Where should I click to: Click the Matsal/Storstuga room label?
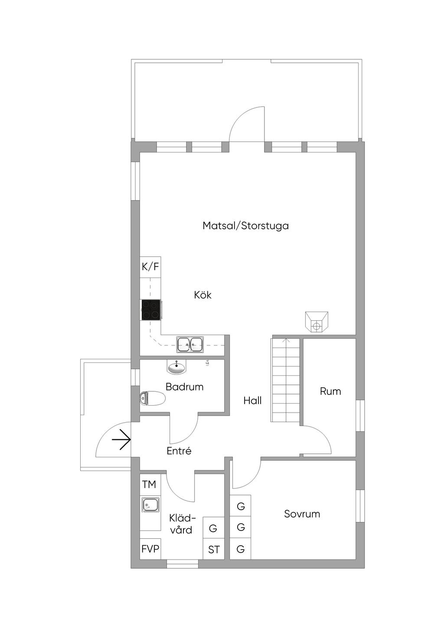point(245,226)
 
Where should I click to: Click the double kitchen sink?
point(190,345)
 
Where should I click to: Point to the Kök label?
point(202,295)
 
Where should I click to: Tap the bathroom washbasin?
point(176,368)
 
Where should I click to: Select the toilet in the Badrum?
point(152,398)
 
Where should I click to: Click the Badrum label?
point(184,387)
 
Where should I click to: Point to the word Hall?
point(252,400)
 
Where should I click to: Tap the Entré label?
point(179,451)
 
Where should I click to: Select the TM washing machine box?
point(149,485)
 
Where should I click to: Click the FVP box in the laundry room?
point(150,549)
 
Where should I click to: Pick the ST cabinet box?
point(214,550)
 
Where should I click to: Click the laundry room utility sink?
point(150,505)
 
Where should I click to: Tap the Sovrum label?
point(302,514)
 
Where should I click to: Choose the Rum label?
point(330,391)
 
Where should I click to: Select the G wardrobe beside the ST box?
point(213,528)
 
